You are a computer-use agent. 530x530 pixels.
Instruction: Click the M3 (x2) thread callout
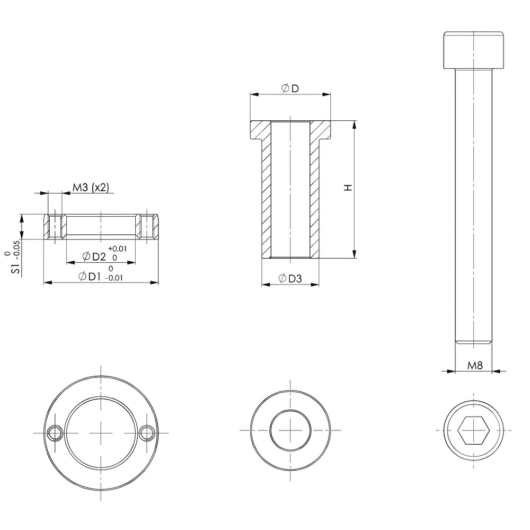coord(91,188)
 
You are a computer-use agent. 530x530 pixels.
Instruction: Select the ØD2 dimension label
coord(94,257)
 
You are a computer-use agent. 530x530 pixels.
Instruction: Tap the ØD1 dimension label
coord(90,277)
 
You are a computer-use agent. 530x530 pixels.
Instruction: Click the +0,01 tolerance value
coord(117,249)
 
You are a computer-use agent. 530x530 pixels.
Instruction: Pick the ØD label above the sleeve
coord(290,89)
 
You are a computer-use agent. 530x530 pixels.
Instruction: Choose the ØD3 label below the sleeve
coord(290,279)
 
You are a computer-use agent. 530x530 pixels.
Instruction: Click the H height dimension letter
coord(348,188)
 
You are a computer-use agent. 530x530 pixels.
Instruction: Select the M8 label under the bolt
coord(475,365)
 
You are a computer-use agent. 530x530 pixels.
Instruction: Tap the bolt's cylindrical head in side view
coord(473,50)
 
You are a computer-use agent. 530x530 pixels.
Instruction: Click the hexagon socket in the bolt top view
coord(473,430)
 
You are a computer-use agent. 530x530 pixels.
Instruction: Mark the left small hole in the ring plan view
coord(55,432)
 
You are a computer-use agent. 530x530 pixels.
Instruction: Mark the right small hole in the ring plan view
coord(147,432)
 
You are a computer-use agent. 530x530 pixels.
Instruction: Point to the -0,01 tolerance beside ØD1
coord(114,278)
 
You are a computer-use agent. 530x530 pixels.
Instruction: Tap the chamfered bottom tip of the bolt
coord(473,342)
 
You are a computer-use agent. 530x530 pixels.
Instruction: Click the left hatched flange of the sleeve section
coord(261,131)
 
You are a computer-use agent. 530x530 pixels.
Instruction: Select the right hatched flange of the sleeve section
coord(320,131)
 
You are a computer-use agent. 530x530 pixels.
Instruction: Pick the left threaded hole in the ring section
coord(55,227)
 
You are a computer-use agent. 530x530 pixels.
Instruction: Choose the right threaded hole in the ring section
coord(147,227)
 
